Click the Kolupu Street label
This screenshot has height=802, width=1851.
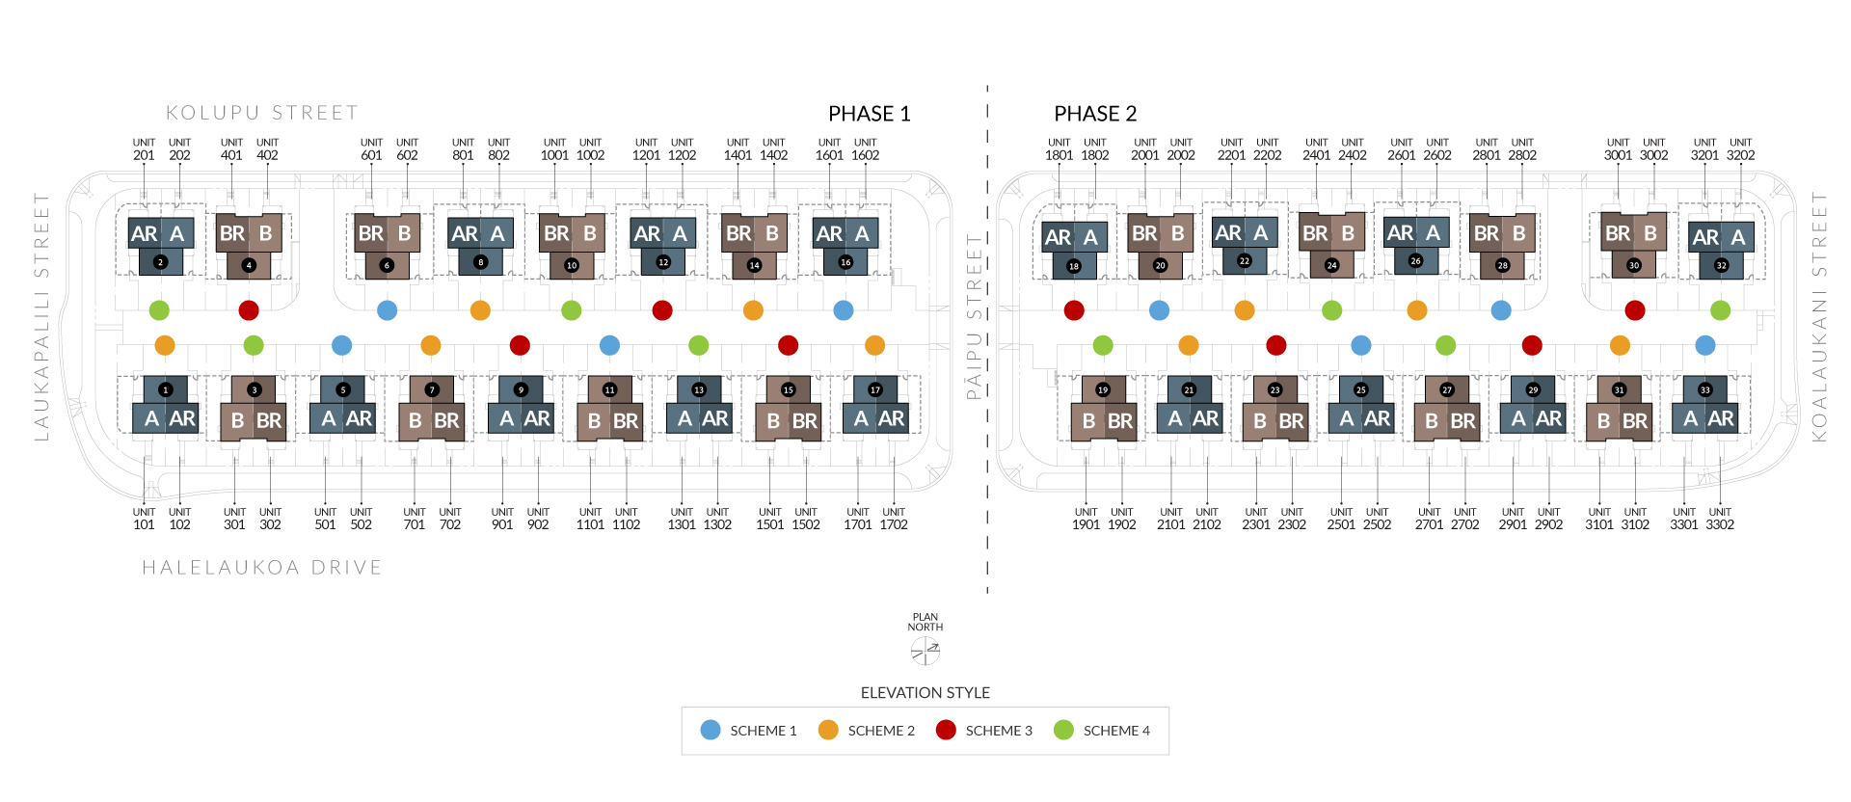point(262,113)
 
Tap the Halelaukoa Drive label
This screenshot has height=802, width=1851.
point(262,568)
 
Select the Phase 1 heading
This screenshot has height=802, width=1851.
point(870,114)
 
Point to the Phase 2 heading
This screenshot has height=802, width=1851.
point(1095,114)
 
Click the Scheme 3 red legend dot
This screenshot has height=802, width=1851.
point(946,730)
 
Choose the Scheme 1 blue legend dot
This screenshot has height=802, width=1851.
point(711,730)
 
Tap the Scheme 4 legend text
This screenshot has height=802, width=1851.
point(1116,731)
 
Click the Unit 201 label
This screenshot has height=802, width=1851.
point(144,148)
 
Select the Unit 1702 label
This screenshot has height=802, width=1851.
point(894,519)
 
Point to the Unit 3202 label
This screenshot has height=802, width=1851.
point(1740,148)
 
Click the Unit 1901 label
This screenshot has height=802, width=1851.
point(1086,519)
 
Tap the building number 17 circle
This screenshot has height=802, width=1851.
point(875,390)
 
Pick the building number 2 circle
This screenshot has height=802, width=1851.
point(160,262)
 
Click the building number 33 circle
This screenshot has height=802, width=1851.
point(1704,390)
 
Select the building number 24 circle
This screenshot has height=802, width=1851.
point(1331,265)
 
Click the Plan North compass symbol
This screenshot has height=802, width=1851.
point(925,652)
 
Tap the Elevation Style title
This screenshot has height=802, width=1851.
point(925,693)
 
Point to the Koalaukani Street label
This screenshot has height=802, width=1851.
point(1819,316)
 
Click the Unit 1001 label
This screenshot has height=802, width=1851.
point(554,148)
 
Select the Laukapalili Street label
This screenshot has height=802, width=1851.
point(41,316)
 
